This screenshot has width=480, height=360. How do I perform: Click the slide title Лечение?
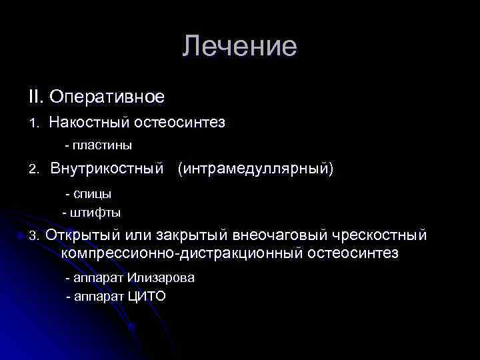tap(239, 47)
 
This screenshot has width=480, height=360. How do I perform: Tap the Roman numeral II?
tap(35, 97)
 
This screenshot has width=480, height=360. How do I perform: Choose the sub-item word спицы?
tap(92, 194)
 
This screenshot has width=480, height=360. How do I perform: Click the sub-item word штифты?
tap(95, 213)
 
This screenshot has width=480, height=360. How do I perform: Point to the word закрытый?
tap(193, 236)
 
